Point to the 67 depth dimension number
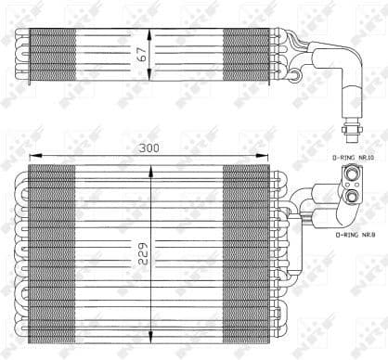click(143, 53)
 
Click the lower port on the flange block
click(353, 196)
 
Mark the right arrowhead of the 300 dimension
click(270, 155)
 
